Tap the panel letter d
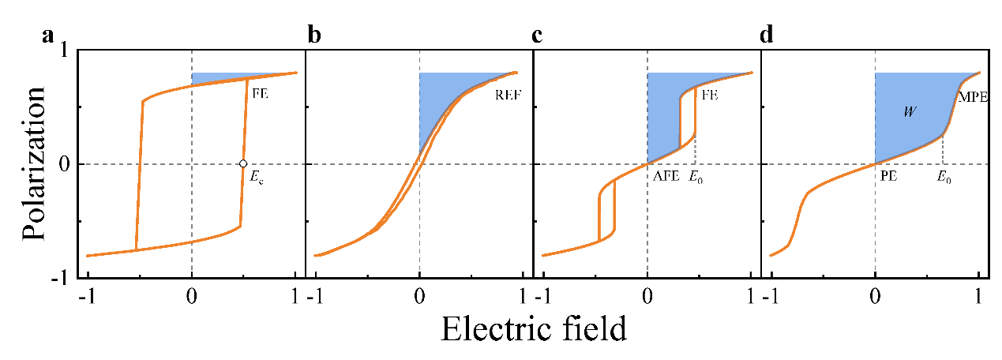pos(765,37)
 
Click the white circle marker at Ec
pos(243,164)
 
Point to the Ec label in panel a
pos(257,178)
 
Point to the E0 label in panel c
pos(696,178)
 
